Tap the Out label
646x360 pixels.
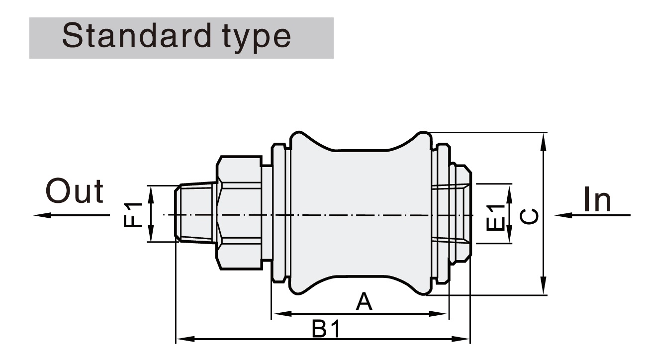click(x=75, y=191)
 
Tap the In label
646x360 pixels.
click(x=597, y=199)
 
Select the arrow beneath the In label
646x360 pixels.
click(x=592, y=215)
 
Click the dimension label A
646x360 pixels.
click(x=364, y=302)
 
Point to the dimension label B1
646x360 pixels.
click(x=326, y=329)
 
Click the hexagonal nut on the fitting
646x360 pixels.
click(x=239, y=214)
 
